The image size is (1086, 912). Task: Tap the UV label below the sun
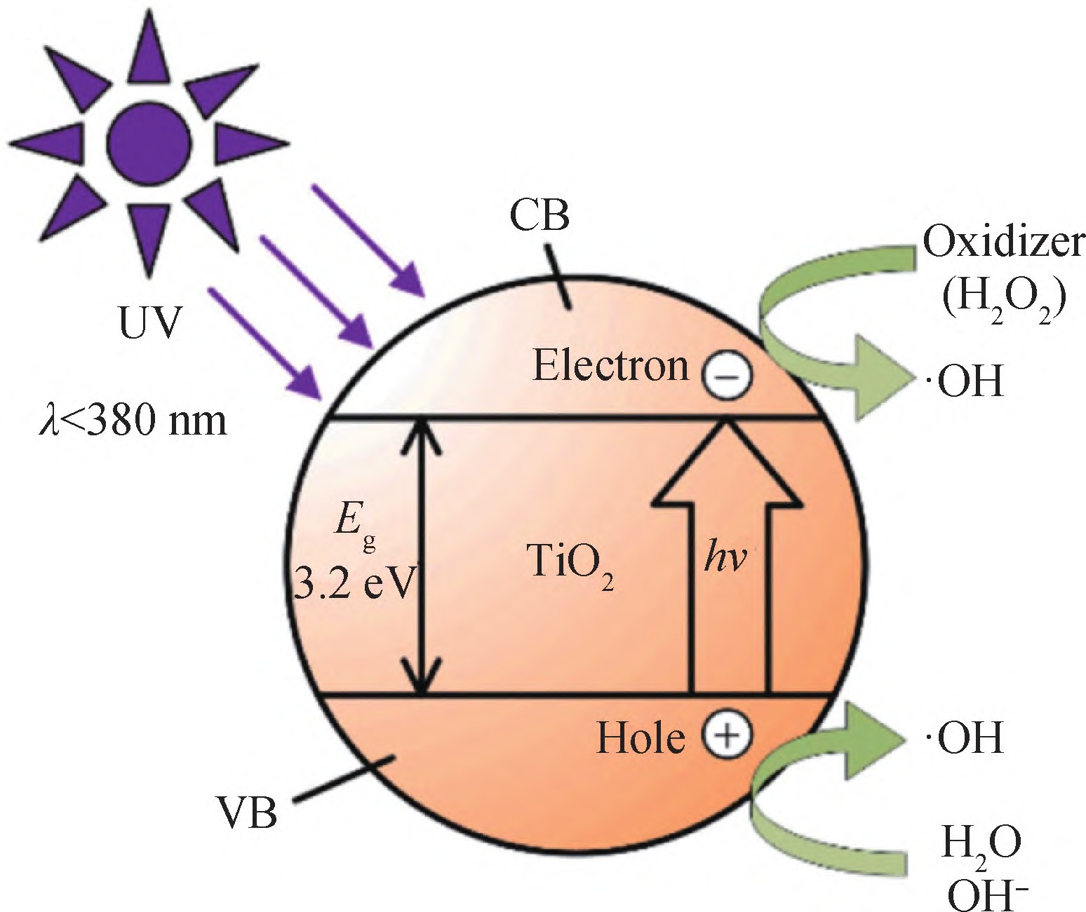tap(149, 326)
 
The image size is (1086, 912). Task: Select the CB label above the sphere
tap(539, 218)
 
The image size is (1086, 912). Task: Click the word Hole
tap(640, 739)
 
